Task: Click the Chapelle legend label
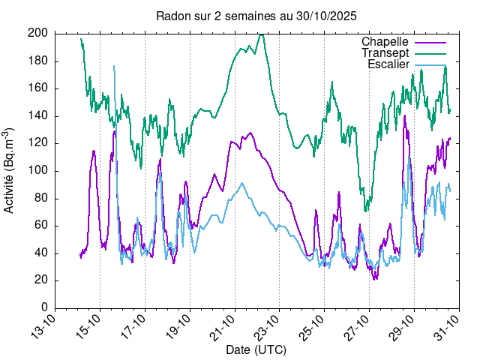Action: pos(385,41)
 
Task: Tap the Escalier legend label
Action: pos(388,64)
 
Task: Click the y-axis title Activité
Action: pos(10,170)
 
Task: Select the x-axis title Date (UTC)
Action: pos(256,349)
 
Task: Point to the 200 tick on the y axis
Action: pos(39,33)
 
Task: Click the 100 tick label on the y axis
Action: pos(39,170)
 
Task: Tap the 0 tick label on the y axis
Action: pos(45,307)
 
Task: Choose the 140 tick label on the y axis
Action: pos(39,115)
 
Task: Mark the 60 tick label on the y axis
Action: pos(42,225)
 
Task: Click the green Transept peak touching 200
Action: pos(261,34)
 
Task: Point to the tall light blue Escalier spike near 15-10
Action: pos(114,66)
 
